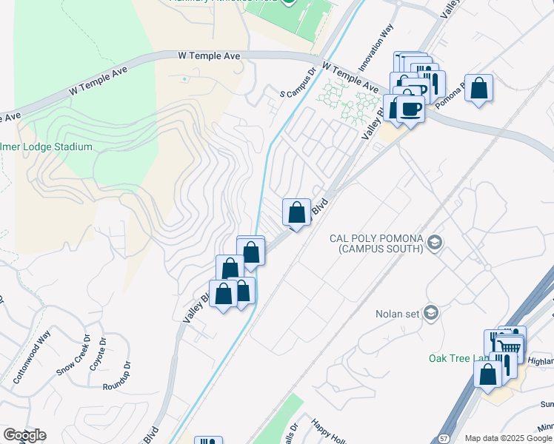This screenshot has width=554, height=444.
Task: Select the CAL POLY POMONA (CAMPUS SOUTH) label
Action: pos(376,243)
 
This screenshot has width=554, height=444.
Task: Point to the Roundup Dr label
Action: pos(117,376)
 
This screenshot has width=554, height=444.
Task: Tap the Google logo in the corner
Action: pos(24,435)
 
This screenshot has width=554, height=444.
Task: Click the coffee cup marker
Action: pos(410,110)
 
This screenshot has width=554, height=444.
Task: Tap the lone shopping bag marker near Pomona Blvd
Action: pos(479,89)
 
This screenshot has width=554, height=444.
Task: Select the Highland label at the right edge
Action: pos(540,361)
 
